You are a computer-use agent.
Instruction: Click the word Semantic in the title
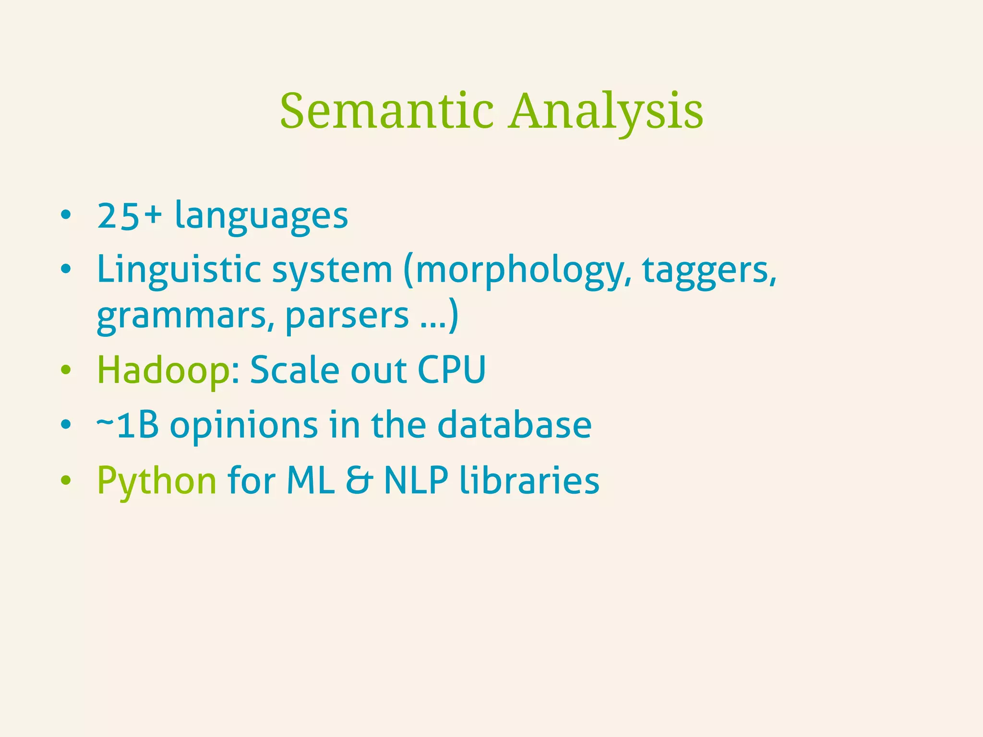point(387,111)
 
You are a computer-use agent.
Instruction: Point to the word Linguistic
point(179,271)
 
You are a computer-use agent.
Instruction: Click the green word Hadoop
point(163,370)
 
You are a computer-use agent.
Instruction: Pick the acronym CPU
point(452,369)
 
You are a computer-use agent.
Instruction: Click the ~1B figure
point(128,425)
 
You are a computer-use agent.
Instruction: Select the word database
point(515,425)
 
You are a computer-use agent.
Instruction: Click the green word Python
point(157,481)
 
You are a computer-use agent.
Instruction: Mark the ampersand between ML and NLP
point(359,480)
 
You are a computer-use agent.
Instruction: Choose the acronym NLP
point(416,480)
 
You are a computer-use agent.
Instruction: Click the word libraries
point(529,480)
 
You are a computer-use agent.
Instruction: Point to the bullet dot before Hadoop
point(66,370)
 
